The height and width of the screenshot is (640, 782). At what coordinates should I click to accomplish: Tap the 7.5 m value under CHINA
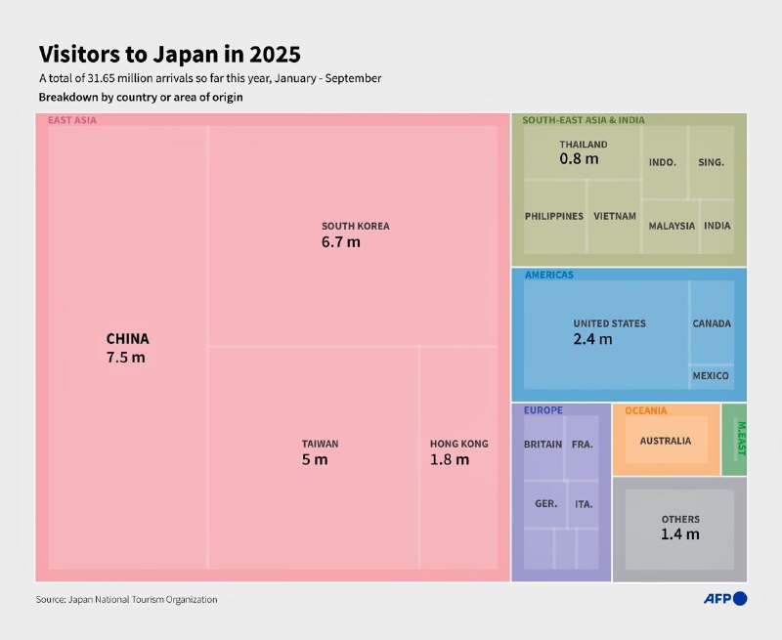point(125,358)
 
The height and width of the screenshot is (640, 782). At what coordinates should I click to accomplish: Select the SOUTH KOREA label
point(355,226)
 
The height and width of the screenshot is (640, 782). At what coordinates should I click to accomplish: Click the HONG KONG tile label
point(458,444)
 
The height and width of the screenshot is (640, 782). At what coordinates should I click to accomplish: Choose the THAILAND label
point(583,144)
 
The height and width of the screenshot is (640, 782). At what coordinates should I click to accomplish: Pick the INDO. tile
point(663,162)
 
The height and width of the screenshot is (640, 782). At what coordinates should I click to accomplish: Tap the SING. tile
point(711,162)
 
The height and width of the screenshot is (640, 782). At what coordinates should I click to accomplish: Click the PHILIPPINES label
point(553,216)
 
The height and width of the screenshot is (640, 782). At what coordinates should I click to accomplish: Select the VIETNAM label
point(614,216)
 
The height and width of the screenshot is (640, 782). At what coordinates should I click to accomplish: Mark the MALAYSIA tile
point(672,226)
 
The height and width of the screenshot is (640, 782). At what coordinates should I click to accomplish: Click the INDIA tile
point(717,226)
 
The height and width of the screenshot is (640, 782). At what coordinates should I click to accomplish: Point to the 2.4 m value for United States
point(592,339)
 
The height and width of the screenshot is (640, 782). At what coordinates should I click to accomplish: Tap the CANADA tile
point(711,323)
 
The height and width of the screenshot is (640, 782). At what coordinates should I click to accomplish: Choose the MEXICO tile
point(711,375)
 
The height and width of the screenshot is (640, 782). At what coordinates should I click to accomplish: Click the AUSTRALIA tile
point(665,441)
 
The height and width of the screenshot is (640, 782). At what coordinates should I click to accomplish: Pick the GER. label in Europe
point(545,504)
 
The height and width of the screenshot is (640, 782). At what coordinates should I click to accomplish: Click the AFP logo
point(724,598)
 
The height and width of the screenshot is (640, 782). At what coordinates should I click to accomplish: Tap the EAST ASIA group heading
point(72,120)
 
